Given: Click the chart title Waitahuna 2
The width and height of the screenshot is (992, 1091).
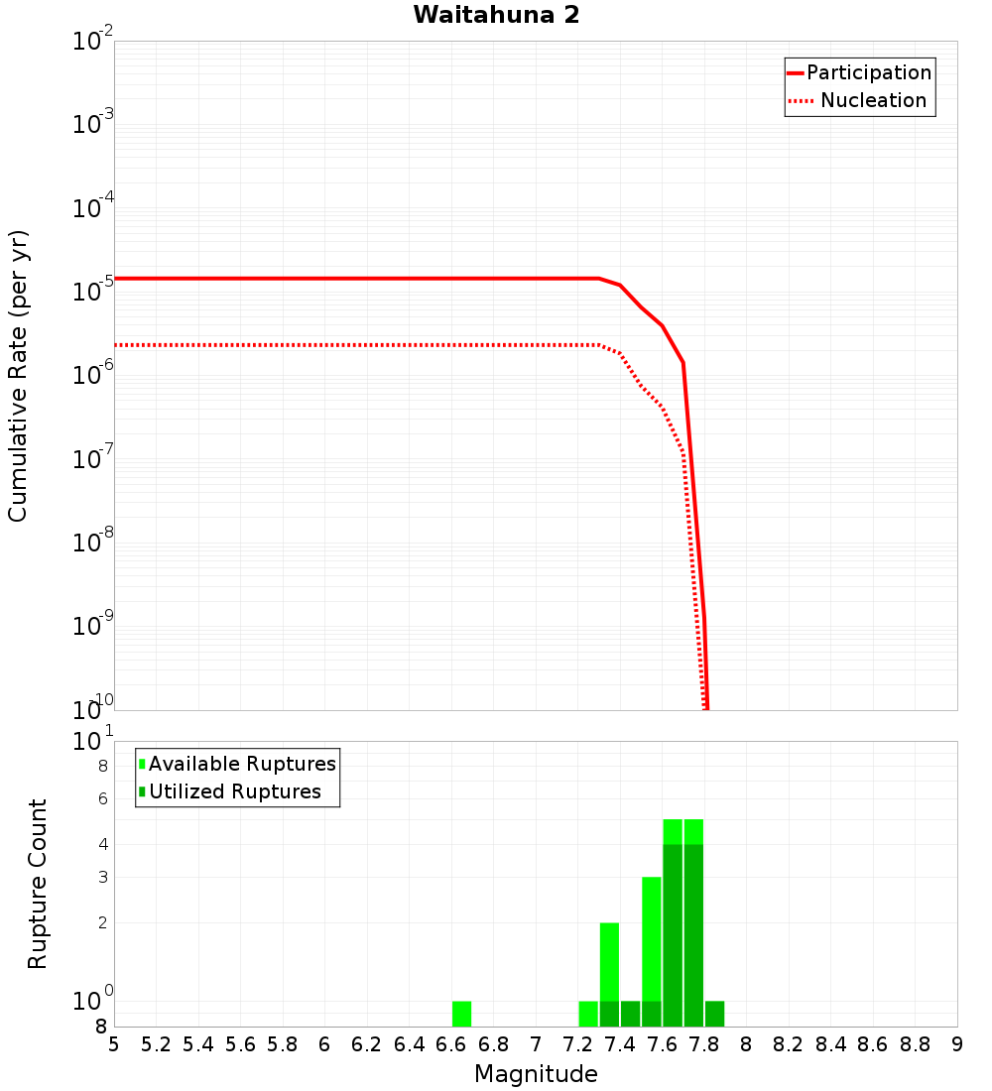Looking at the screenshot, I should point(496,15).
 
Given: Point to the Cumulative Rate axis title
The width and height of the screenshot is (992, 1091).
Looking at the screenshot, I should point(18,375).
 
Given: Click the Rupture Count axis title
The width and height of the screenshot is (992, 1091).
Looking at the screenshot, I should point(38,884).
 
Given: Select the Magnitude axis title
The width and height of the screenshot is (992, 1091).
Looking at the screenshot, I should point(536,1074).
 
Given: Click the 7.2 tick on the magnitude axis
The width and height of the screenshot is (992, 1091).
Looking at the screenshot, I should point(577,1044).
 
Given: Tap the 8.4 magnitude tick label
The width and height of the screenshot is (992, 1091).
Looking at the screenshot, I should point(831,1044).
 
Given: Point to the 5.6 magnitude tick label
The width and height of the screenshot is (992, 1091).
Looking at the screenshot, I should point(240,1044).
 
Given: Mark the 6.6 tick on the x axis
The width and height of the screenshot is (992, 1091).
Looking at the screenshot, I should point(451,1044).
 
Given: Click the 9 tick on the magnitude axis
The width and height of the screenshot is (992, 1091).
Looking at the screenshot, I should point(957,1044).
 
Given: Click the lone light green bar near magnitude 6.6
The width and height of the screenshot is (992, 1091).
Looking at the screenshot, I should point(461,1014).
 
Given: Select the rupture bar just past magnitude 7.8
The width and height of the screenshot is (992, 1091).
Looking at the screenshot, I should point(714,1014).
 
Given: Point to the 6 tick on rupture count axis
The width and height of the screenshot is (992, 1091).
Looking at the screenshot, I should point(101,798).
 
